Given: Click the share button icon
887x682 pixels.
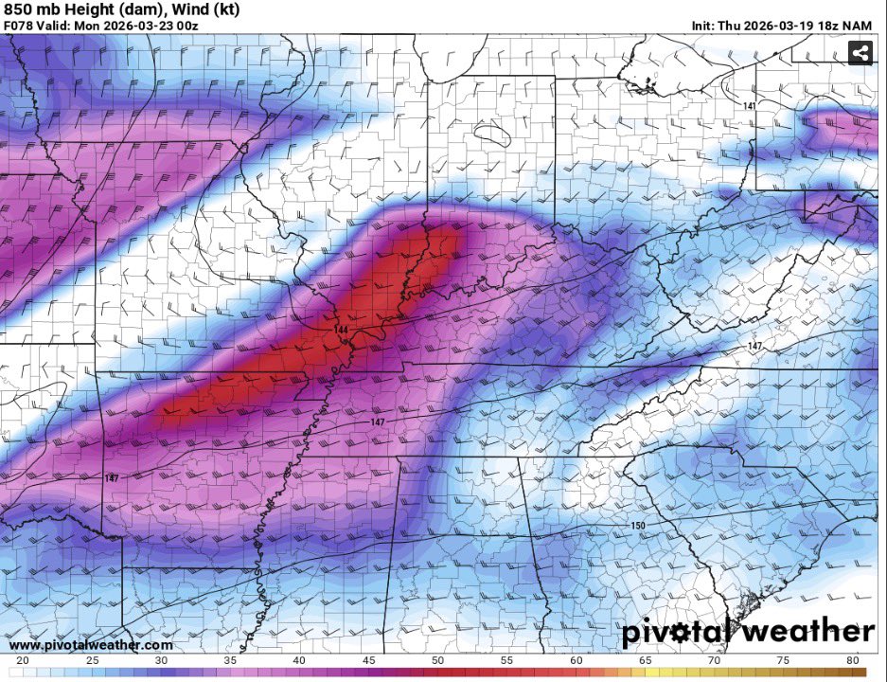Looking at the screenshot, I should [x=860, y=54].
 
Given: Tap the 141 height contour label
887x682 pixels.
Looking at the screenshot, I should [x=750, y=106].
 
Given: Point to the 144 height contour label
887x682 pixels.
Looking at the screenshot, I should [x=340, y=329].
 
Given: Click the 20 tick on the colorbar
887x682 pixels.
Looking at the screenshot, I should [x=23, y=660].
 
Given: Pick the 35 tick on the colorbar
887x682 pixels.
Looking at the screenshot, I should [x=230, y=660].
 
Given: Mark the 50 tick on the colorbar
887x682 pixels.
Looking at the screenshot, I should [x=437, y=660].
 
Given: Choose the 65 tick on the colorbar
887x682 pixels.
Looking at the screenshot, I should [x=645, y=660].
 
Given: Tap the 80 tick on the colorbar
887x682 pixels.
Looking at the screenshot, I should [x=852, y=660].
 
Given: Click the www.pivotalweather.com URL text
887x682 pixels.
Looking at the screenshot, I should [x=91, y=645].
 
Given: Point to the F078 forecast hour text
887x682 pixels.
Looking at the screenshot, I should [x=19, y=25].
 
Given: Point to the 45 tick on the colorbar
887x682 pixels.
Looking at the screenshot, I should [x=368, y=660].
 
